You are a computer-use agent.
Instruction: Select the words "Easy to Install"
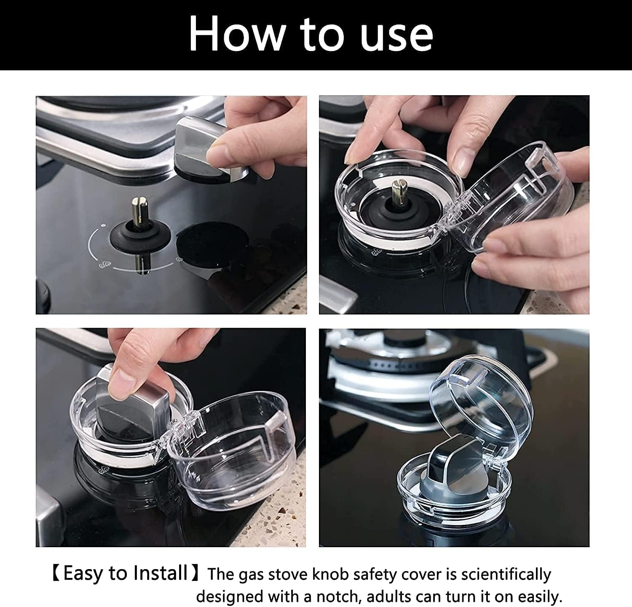125,573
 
